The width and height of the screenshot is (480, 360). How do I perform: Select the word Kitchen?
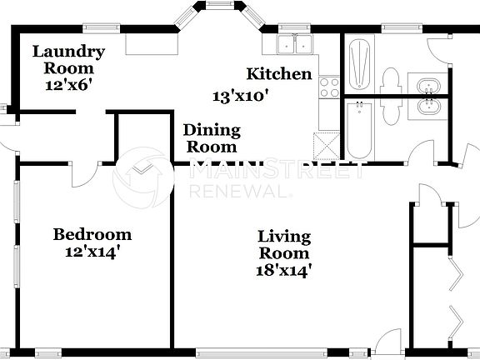pos(279,74)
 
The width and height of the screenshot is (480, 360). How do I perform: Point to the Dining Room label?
pos(212,138)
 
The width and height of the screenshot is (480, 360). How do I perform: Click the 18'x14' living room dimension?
pos(284,269)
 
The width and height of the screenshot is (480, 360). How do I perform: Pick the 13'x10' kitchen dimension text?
pos(242,96)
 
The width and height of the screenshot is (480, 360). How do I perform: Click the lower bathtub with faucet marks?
pos(359,129)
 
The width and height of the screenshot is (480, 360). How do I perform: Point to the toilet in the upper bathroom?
pos(389,81)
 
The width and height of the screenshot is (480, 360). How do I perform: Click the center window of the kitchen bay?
pos(220,8)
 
